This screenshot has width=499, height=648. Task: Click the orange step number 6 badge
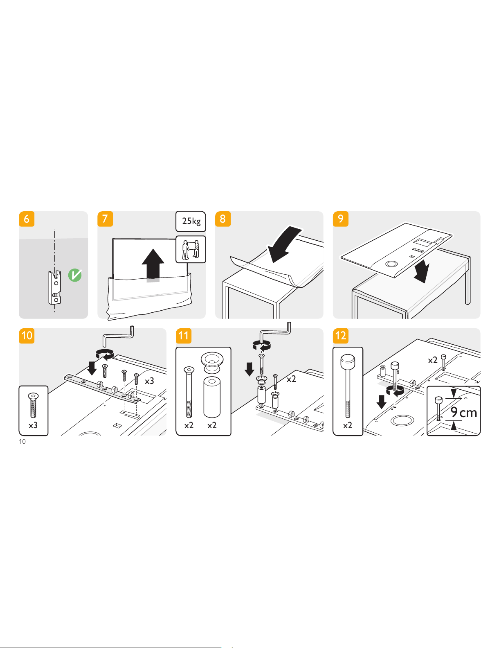(x=27, y=219)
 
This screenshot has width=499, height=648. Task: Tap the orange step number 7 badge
(x=105, y=219)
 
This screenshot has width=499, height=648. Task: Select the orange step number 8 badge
(x=223, y=219)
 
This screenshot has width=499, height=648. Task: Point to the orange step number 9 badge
(x=341, y=219)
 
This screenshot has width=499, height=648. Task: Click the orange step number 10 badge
(x=27, y=336)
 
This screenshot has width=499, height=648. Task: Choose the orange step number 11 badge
(x=184, y=336)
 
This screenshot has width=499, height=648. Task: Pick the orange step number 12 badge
(x=341, y=336)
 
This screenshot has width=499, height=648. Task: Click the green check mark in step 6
(x=75, y=275)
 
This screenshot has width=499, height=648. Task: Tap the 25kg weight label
(x=191, y=221)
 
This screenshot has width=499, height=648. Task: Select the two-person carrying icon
(x=191, y=249)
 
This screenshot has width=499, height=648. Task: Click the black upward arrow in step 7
(x=153, y=265)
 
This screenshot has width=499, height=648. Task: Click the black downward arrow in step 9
(x=422, y=272)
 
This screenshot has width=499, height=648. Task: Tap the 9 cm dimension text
(x=463, y=412)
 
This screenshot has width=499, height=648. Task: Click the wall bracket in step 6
(x=55, y=287)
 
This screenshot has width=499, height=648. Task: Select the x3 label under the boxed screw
(x=33, y=425)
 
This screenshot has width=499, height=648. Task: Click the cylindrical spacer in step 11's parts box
(x=212, y=397)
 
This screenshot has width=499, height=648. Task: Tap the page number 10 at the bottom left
(x=22, y=442)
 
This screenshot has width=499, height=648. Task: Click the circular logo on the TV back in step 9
(x=391, y=264)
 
